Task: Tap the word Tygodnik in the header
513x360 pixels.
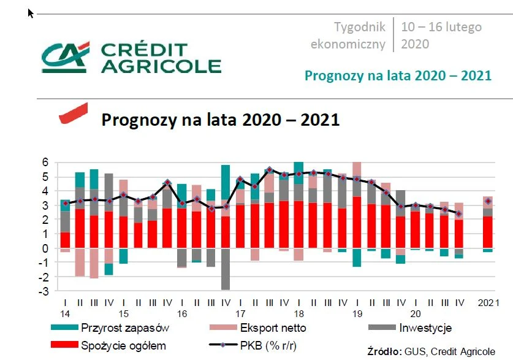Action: click(360, 27)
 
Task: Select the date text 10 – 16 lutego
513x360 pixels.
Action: click(441, 27)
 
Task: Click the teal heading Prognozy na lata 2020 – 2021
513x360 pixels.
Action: click(398, 76)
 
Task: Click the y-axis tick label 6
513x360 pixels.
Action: click(45, 163)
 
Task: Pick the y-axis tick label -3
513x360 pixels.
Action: click(43, 291)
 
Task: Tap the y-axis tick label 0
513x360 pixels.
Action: click(45, 248)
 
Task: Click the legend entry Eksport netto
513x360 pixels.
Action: click(278, 328)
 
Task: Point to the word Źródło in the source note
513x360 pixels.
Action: click(384, 351)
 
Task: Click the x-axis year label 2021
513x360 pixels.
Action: click(488, 303)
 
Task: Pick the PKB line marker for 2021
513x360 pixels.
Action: click(488, 201)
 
